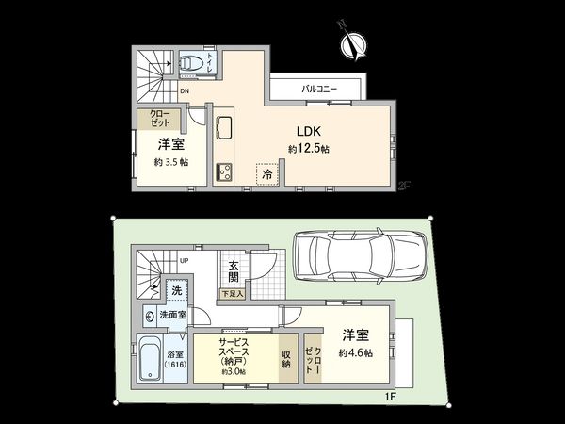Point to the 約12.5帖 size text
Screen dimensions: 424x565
tap(308, 149)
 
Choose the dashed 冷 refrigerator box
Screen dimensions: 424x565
tap(267, 174)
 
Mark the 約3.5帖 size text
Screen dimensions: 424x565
tap(170, 162)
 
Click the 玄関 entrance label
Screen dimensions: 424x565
tap(233, 271)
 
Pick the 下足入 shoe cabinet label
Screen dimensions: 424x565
tap(231, 295)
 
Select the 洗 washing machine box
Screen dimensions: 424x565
tap(176, 291)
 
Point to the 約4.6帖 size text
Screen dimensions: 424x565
tap(357, 351)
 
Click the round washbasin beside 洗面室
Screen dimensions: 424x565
tap(150, 315)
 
